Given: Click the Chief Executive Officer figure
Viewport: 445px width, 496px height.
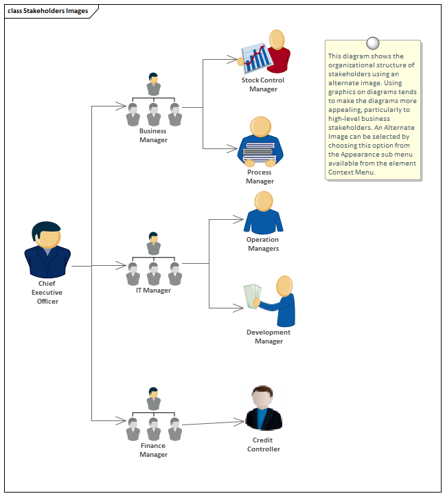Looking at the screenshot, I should (x=47, y=249).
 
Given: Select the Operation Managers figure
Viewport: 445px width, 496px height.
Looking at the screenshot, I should (x=263, y=213).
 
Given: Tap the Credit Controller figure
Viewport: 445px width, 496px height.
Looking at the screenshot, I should (x=264, y=408).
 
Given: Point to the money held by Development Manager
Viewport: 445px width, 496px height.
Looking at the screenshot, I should (x=251, y=296).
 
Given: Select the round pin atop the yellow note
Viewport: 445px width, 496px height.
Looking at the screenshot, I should (x=373, y=42).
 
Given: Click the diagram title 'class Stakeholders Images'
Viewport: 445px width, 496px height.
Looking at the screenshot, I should (x=47, y=11).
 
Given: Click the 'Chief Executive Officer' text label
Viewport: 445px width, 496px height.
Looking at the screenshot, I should (x=47, y=292).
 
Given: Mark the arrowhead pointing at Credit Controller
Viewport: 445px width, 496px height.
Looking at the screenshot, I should (x=241, y=421).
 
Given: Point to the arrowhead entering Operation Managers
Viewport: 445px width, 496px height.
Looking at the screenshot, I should (x=240, y=220).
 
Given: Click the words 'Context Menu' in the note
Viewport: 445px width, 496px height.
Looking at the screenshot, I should (x=352, y=172).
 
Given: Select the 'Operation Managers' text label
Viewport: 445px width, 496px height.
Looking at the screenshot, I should (x=263, y=244).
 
